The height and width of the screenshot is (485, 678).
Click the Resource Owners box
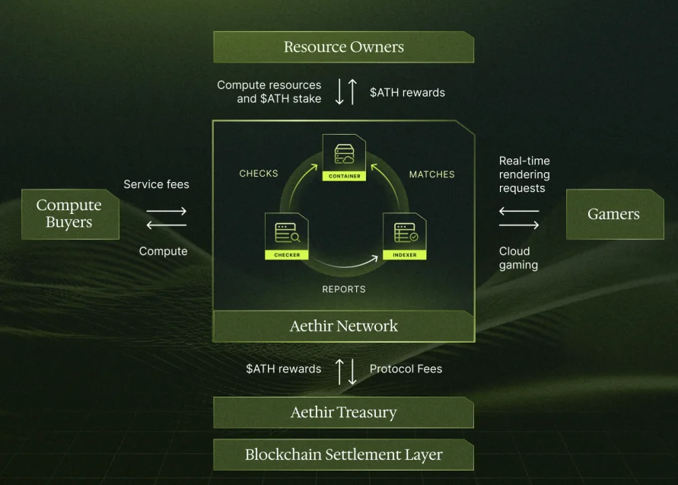pyautogui.click(x=343, y=47)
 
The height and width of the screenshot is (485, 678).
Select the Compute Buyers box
pyautogui.click(x=70, y=214)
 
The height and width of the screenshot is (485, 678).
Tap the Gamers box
pyautogui.click(x=614, y=214)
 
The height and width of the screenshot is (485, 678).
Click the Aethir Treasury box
pyautogui.click(x=343, y=413)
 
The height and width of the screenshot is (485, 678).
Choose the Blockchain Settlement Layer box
pyautogui.click(x=343, y=455)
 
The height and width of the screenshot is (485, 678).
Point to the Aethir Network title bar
pyautogui.click(x=343, y=326)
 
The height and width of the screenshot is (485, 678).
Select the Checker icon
pyautogui.click(x=287, y=236)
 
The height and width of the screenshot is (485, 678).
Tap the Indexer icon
pyautogui.click(x=405, y=236)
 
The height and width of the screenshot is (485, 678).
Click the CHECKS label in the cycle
pyautogui.click(x=259, y=174)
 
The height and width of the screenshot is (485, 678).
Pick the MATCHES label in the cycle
pyautogui.click(x=431, y=174)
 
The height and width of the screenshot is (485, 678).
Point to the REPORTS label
pyautogui.click(x=344, y=289)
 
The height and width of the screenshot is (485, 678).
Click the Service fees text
pyautogui.click(x=156, y=184)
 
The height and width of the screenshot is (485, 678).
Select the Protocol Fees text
pyautogui.click(x=406, y=369)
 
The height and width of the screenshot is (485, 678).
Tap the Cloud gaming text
pyautogui.click(x=518, y=258)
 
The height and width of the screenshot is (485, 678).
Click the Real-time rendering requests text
pyautogui.click(x=524, y=174)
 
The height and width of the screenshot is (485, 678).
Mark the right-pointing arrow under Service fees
pyautogui.click(x=167, y=211)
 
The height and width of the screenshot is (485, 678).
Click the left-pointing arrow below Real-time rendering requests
pyautogui.click(x=519, y=211)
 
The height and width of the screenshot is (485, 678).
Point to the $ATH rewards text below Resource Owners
pyautogui.click(x=407, y=92)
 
